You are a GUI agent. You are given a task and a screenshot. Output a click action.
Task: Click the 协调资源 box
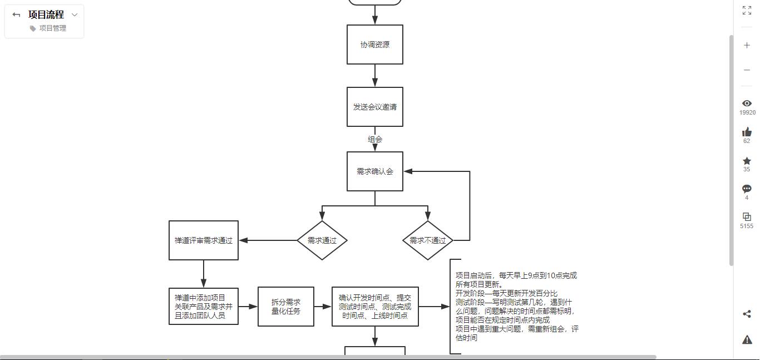[375, 45]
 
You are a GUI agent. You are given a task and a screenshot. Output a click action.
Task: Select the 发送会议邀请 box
[375, 107]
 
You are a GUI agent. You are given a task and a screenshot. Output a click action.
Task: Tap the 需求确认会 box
[375, 171]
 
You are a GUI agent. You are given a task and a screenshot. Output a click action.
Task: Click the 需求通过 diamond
[322, 240]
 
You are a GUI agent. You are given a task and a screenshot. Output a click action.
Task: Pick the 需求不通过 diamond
[427, 240]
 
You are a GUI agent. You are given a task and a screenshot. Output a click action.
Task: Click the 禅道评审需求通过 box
[204, 240]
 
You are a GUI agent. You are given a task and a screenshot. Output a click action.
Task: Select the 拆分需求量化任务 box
[286, 307]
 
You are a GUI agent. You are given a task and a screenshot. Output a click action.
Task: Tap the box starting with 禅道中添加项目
[204, 307]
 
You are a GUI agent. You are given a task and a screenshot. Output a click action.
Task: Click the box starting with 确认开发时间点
[375, 307]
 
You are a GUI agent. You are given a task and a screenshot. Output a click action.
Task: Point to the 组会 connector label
[375, 139]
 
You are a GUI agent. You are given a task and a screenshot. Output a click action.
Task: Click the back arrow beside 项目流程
[16, 14]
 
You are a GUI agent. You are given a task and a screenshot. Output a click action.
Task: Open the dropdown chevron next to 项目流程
[75, 14]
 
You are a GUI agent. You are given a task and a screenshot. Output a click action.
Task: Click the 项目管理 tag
[48, 28]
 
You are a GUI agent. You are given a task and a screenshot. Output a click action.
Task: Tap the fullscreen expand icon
[747, 10]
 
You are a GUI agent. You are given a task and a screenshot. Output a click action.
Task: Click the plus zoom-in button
[747, 45]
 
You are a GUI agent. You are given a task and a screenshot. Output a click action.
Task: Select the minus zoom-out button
[747, 70]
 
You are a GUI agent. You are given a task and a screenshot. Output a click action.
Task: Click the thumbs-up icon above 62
[747, 132]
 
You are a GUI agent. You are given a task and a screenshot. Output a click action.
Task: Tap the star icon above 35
[747, 161]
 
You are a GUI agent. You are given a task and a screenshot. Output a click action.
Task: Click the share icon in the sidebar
[747, 314]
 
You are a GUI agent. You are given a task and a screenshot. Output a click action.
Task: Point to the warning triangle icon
[747, 339]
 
